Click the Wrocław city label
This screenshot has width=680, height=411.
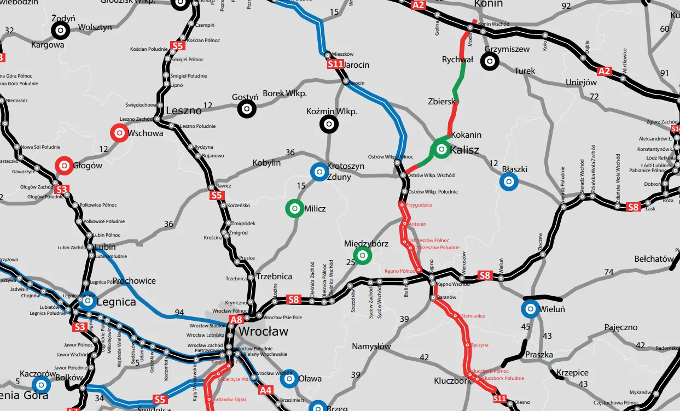point(264,332)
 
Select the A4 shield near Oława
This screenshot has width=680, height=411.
point(265,390)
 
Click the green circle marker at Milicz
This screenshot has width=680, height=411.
point(294,208)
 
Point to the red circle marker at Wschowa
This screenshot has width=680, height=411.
point(119,133)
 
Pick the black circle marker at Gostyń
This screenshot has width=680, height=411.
point(246,109)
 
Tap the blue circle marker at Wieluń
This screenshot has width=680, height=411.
point(530,309)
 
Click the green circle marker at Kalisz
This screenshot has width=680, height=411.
point(440,149)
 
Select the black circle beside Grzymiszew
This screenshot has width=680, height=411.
point(489,62)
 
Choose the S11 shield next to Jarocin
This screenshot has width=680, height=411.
point(335,64)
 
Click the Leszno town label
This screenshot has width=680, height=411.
point(184,110)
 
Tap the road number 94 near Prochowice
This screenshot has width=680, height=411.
point(179,313)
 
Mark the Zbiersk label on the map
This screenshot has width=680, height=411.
point(441,102)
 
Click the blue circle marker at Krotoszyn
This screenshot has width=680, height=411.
point(318,172)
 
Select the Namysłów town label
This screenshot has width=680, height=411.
point(371,347)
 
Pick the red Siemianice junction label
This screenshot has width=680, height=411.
point(473,316)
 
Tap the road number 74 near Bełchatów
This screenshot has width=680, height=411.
point(609,272)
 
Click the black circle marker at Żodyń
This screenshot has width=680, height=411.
point(60,32)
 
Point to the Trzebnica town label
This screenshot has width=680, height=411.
point(274,277)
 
